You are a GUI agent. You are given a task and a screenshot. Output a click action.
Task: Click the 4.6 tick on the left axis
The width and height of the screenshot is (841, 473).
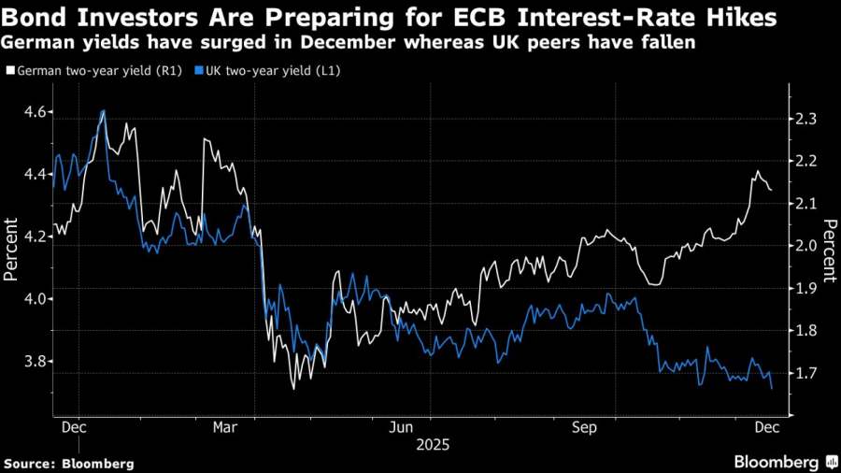[35, 111]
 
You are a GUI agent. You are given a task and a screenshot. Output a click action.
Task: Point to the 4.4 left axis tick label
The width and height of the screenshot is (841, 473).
[35, 174]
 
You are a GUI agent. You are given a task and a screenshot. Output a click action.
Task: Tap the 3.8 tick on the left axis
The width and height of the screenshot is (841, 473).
[35, 361]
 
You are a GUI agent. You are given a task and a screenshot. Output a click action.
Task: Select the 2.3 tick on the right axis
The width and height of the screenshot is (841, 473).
[805, 119]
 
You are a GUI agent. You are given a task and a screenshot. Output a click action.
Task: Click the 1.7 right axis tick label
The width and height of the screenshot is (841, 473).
[805, 373]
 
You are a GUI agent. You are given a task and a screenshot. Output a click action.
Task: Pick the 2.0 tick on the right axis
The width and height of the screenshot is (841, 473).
[805, 246]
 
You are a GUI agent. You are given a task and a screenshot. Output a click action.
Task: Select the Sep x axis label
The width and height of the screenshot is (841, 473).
[585, 427]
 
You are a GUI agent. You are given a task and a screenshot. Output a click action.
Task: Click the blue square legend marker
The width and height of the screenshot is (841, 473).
[199, 70]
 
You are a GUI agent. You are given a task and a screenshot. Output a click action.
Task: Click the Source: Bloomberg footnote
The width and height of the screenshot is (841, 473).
[69, 463]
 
